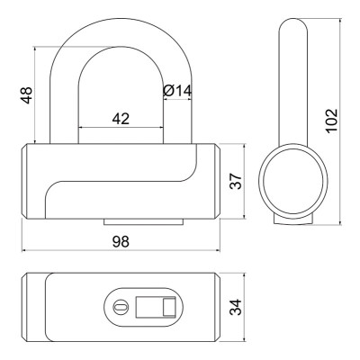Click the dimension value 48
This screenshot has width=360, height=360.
coord(27,95)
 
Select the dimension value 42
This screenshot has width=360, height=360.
coord(121,119)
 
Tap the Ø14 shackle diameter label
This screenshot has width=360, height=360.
coord(177,91)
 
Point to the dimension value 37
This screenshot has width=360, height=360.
coord(236,181)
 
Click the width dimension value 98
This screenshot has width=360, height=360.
coord(121,242)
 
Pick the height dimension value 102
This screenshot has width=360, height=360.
coord(332,121)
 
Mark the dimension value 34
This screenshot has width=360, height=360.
coord(236,307)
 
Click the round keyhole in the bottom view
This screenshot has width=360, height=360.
coord(121,307)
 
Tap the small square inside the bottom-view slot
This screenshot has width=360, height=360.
coord(169,307)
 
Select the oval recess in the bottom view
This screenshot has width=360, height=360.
coord(143,307)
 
